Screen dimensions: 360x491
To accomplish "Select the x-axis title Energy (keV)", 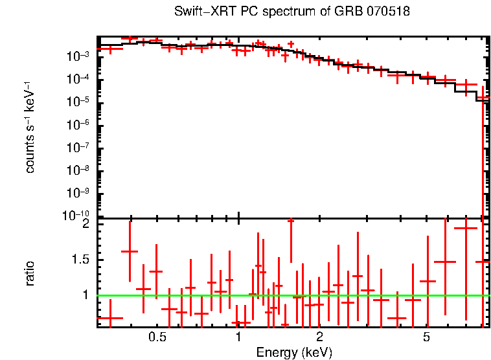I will [294, 352].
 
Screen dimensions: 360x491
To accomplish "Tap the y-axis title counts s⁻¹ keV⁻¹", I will [30, 127].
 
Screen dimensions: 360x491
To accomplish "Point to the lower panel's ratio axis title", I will [30, 273].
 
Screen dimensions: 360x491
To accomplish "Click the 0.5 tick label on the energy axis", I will [157, 337].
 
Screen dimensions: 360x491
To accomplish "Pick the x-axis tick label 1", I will [239, 337].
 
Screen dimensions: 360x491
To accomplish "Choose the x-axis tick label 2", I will [319, 337].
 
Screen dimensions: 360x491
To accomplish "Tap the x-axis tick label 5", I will [426, 337].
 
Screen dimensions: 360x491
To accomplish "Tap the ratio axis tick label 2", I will [84, 225].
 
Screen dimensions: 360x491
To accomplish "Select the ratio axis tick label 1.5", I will [80, 260].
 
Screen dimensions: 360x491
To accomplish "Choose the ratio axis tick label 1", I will [84, 295].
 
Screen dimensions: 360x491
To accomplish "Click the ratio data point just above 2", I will [291, 221].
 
